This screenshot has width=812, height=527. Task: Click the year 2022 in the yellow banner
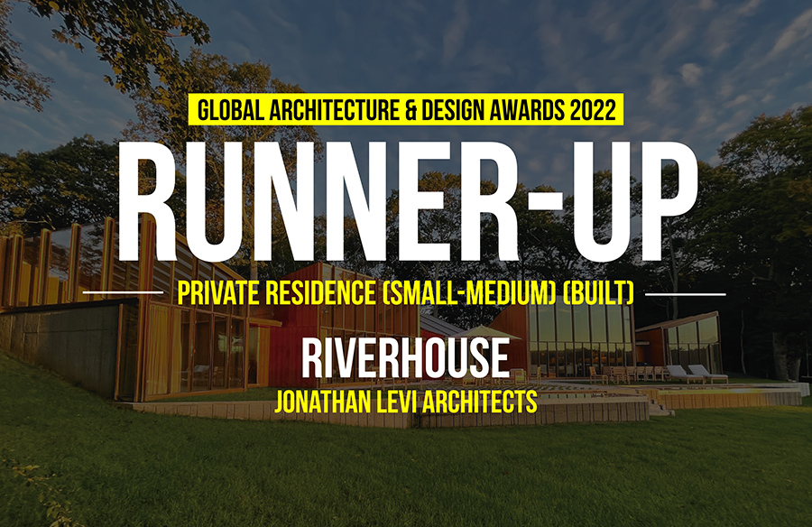point(592,110)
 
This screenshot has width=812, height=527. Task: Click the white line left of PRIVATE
point(123,292)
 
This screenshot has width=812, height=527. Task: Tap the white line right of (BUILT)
point(687,294)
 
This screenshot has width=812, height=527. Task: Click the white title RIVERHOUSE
point(405,358)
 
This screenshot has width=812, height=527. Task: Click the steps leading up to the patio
point(660,408)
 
